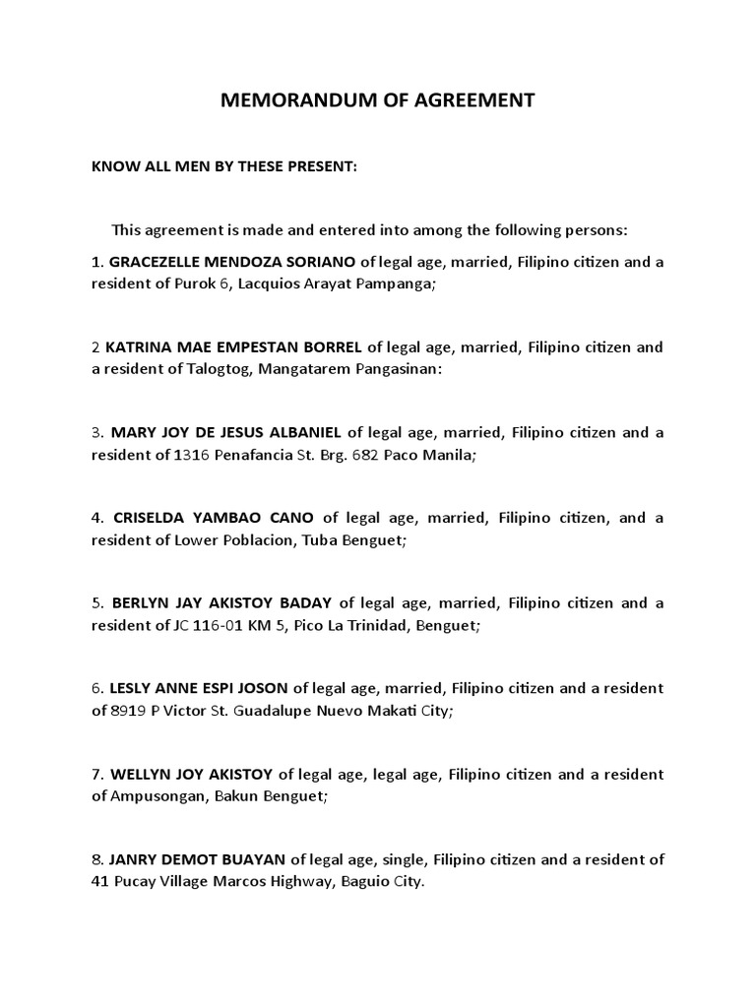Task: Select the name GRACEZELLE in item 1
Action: click(155, 261)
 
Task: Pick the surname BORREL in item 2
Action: click(326, 346)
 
